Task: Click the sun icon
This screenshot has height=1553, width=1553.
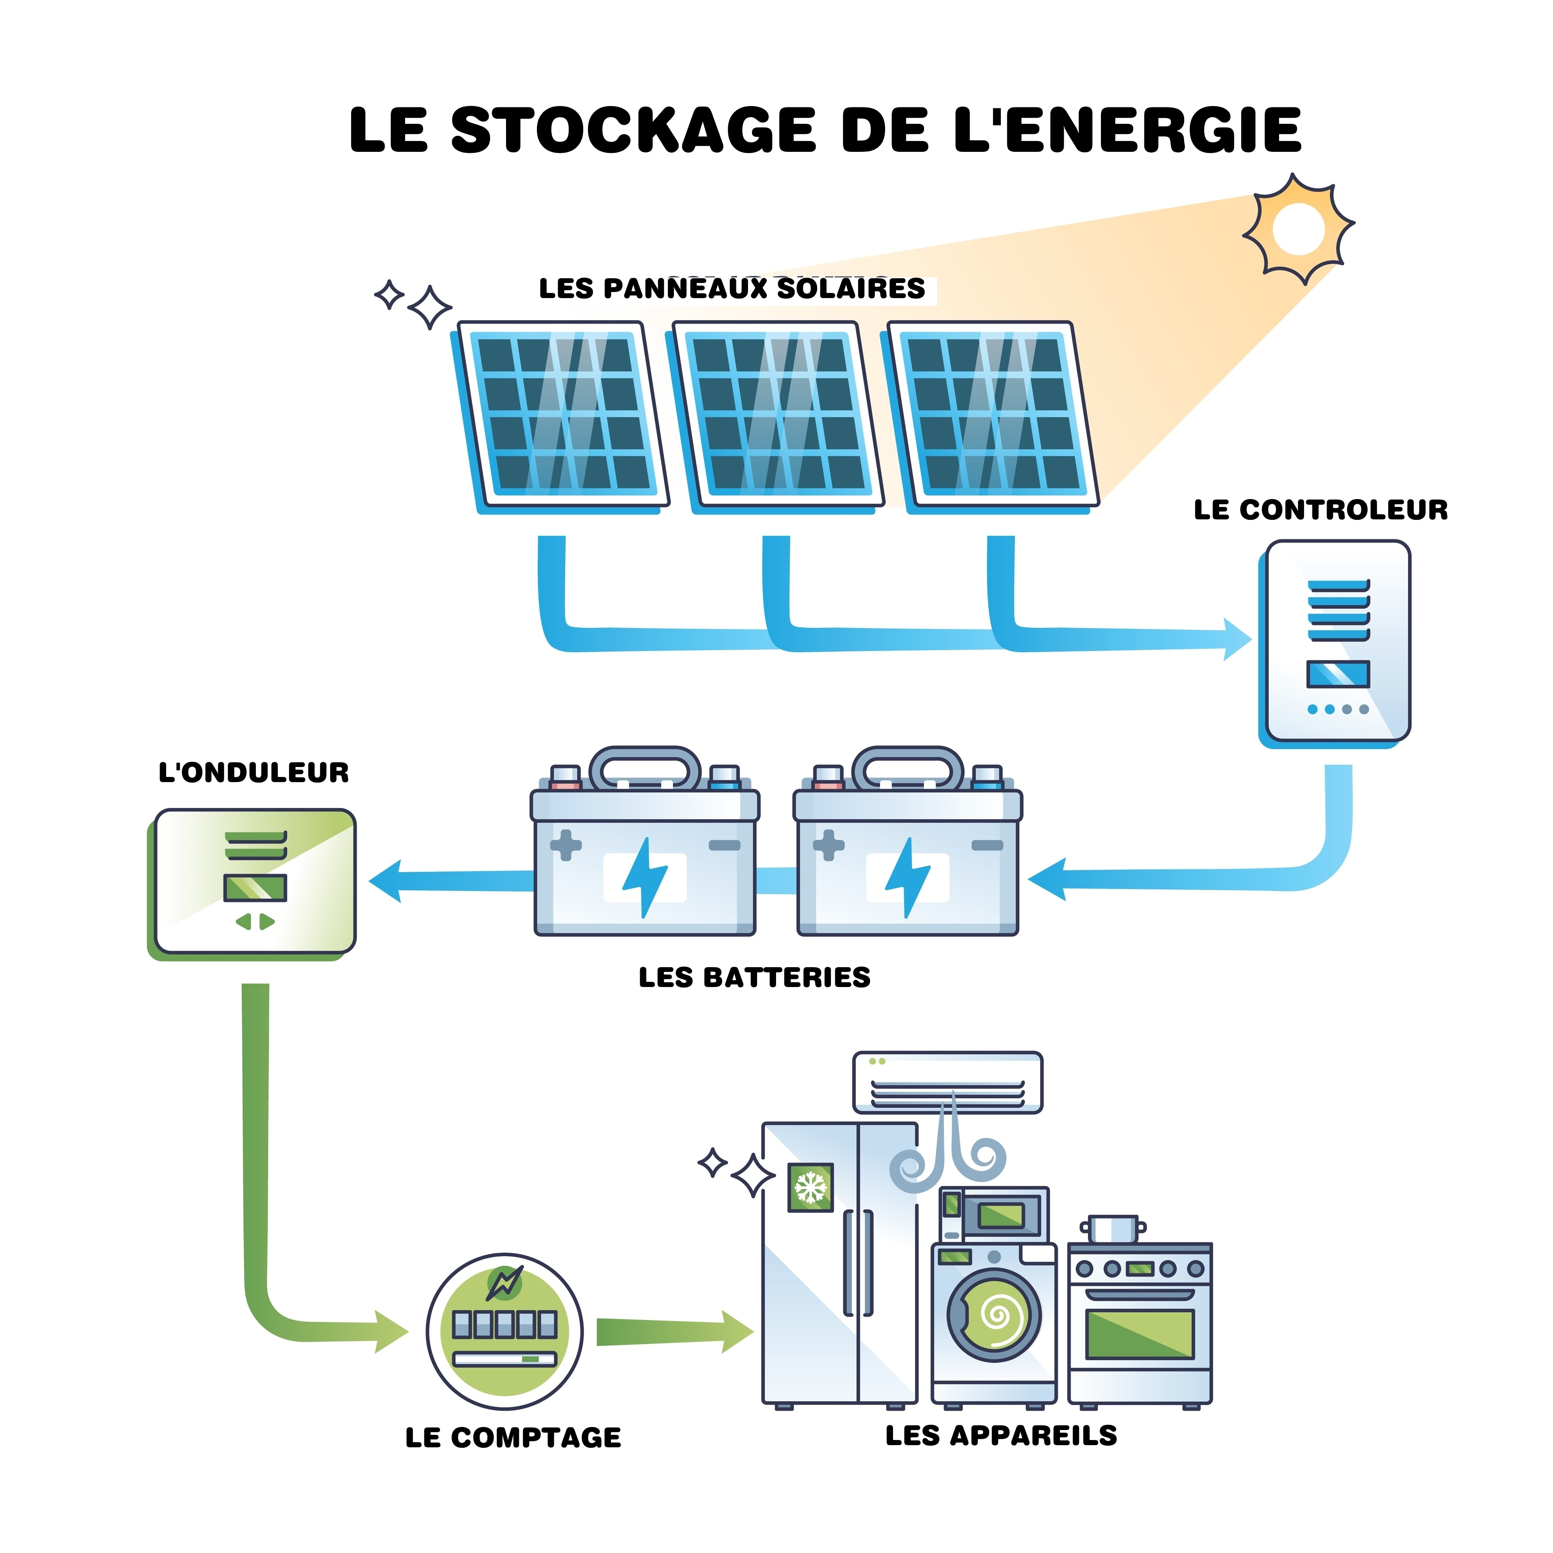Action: pos(1297,228)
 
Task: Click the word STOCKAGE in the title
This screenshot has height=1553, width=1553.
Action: pos(632,130)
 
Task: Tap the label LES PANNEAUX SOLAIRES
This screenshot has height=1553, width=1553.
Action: pos(732,289)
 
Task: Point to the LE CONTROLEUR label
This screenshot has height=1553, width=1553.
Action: pos(1320,509)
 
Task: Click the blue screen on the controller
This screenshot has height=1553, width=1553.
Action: pos(1338,673)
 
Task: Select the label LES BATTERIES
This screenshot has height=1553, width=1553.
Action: pos(754,978)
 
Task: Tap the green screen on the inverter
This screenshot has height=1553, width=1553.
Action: pos(255,887)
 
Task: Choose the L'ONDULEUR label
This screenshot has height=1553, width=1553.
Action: pos(253,773)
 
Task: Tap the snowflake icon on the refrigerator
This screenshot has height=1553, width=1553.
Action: pos(810,1186)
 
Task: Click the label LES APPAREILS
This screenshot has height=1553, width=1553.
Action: pos(1001,1435)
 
